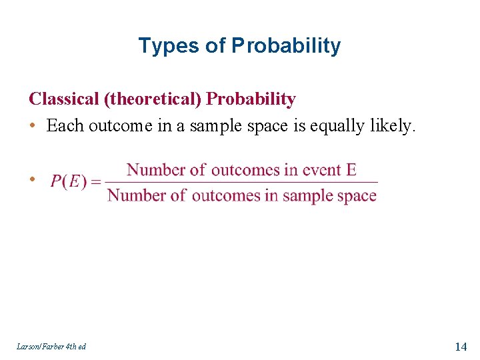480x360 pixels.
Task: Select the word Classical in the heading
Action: click(x=63, y=99)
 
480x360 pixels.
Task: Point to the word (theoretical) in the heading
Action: click(x=153, y=99)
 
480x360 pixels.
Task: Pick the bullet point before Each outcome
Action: click(x=33, y=126)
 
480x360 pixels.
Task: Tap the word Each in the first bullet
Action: click(x=63, y=125)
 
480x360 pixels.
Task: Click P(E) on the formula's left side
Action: click(x=69, y=182)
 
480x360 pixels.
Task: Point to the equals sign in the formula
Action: click(x=96, y=182)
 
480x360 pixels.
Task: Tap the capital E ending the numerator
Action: click(x=351, y=169)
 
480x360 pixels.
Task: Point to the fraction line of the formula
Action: click(x=241, y=182)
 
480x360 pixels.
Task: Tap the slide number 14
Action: click(x=460, y=346)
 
